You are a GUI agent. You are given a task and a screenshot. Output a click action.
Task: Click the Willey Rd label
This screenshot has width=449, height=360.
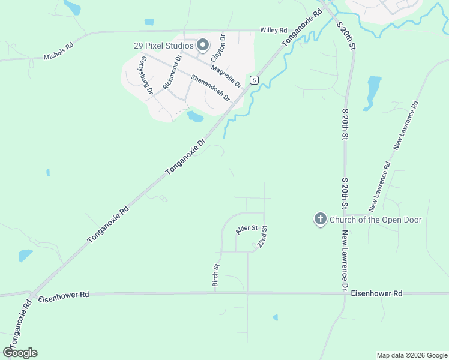point(273,29)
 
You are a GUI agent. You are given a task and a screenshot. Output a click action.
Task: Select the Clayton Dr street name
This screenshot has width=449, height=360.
point(218,49)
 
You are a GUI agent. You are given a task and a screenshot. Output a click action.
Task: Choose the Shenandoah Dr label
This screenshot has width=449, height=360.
point(211,88)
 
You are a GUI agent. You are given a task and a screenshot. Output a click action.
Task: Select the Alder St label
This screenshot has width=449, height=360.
point(247,229)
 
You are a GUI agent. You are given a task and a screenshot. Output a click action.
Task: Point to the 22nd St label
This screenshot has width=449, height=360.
point(262,237)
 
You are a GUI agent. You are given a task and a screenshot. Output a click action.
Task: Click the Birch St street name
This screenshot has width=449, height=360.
point(216,275)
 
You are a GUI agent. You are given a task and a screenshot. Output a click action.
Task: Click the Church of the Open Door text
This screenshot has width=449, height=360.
point(376,220)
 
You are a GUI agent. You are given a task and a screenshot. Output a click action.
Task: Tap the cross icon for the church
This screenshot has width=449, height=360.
point(321,220)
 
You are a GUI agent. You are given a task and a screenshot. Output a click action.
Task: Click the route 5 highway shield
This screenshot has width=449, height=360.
point(255,80)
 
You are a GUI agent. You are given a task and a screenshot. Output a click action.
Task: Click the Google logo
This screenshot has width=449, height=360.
point(20,353)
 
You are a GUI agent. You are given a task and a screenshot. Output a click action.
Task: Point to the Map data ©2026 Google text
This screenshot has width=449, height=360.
point(412,355)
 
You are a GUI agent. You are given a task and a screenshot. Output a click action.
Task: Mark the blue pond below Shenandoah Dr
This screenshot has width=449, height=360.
point(195,116)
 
